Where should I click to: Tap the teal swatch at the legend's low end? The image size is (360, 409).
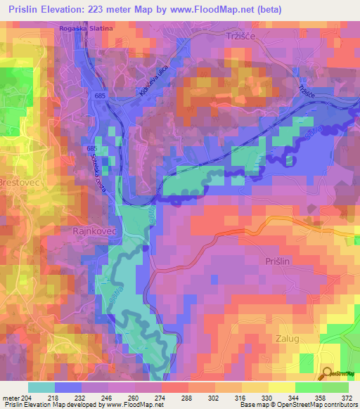[41, 387]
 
